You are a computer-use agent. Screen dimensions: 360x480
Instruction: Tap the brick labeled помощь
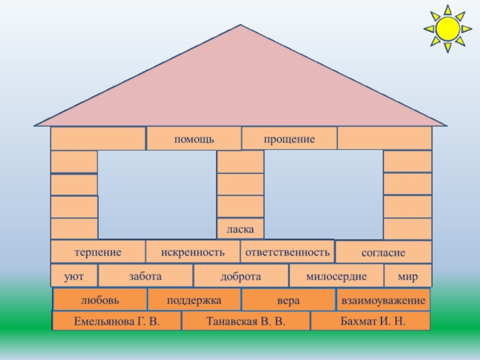tap(194, 139)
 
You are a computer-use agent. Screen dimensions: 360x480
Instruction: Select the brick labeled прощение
tap(289, 139)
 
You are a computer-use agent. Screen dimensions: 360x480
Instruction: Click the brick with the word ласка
tap(240, 229)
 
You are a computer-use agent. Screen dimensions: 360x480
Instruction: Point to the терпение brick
tap(98, 252)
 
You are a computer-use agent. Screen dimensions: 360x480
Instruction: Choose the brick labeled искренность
tap(193, 252)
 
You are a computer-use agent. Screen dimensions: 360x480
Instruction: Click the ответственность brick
tap(287, 252)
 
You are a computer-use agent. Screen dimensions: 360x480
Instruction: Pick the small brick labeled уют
tap(74, 276)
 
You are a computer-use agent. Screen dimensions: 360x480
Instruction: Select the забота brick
tap(145, 276)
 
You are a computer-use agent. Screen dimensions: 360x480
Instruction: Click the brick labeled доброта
tap(241, 276)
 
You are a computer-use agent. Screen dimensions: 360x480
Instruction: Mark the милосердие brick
tap(336, 276)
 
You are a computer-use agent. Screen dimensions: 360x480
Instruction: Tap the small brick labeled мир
tap(407, 276)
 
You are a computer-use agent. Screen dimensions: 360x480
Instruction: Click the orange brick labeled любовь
tap(100, 299)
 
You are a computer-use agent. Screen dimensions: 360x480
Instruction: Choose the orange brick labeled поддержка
tap(194, 299)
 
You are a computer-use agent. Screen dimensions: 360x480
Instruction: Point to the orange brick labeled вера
tap(288, 299)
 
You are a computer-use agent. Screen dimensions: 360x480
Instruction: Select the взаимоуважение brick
tap(383, 299)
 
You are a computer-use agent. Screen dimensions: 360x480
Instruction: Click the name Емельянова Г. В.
tap(117, 321)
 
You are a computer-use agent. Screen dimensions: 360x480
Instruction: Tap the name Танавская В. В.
tap(245, 321)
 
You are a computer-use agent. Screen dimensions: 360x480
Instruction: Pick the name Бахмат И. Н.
tap(370, 321)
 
